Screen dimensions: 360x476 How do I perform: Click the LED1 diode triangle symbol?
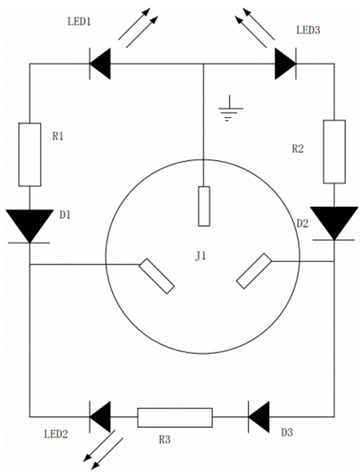pyautogui.click(x=100, y=64)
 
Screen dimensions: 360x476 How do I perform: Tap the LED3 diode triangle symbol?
pyautogui.click(x=286, y=64)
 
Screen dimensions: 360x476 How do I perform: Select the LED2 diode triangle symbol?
pyautogui.click(x=100, y=416)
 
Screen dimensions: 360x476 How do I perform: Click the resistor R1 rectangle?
pyautogui.click(x=29, y=154)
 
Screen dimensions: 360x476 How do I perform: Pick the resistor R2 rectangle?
pyautogui.click(x=334, y=152)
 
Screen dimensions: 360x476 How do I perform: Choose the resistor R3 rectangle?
pyautogui.click(x=175, y=418)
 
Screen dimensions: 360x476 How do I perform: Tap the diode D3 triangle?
pyautogui.click(x=259, y=416)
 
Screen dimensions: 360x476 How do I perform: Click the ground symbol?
pyautogui.click(x=230, y=109)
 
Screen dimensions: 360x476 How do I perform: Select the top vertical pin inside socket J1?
pyautogui.click(x=204, y=207)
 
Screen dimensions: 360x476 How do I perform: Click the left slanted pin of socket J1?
pyautogui.click(x=157, y=276)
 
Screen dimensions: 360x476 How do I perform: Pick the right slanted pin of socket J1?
pyautogui.click(x=254, y=271)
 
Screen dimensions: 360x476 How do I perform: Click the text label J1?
pyautogui.click(x=201, y=256)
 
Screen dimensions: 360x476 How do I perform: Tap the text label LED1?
pyautogui.click(x=79, y=21)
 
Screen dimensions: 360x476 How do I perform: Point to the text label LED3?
pyautogui.click(x=308, y=30)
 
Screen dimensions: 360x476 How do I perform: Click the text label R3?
pyautogui.click(x=165, y=439)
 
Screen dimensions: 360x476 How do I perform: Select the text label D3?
pyautogui.click(x=287, y=433)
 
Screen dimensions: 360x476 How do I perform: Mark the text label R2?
pyautogui.click(x=298, y=148)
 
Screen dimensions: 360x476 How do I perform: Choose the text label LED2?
pyautogui.click(x=56, y=434)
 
